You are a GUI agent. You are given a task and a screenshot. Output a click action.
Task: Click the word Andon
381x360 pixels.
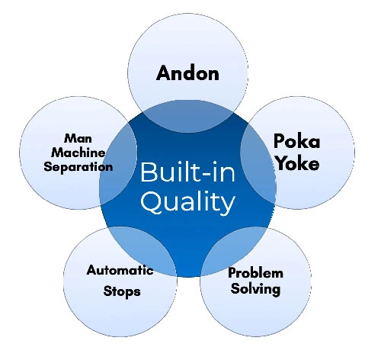pos(187,73)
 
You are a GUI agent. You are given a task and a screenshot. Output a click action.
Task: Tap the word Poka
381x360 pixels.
pos(296,140)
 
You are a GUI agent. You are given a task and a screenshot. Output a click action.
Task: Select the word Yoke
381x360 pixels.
pos(297,162)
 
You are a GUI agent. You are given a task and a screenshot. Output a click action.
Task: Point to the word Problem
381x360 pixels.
pos(255,273)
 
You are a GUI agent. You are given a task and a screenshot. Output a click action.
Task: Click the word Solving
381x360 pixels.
pos(255,289)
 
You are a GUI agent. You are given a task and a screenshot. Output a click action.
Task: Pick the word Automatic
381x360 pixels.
pos(120,270)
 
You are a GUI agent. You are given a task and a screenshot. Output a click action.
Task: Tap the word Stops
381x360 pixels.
pos(122,291)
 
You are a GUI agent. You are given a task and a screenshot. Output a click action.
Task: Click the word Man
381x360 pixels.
pos(78,138)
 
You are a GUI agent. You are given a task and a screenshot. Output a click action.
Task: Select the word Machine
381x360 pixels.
pos(78,153)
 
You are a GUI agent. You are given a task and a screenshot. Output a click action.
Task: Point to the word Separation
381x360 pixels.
pos(78,167)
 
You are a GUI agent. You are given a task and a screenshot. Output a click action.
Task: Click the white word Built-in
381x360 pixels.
pos(187,172)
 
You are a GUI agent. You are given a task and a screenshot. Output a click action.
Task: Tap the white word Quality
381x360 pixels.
pos(188,203)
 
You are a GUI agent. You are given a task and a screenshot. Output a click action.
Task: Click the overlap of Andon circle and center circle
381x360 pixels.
pos(188,116)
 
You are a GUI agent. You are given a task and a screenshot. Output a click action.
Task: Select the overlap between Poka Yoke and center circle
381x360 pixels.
pos(257,162)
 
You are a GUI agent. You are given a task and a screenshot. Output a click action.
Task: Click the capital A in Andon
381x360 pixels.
pos(164,73)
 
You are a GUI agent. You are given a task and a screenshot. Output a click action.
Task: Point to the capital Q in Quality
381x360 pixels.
pos(151,203)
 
